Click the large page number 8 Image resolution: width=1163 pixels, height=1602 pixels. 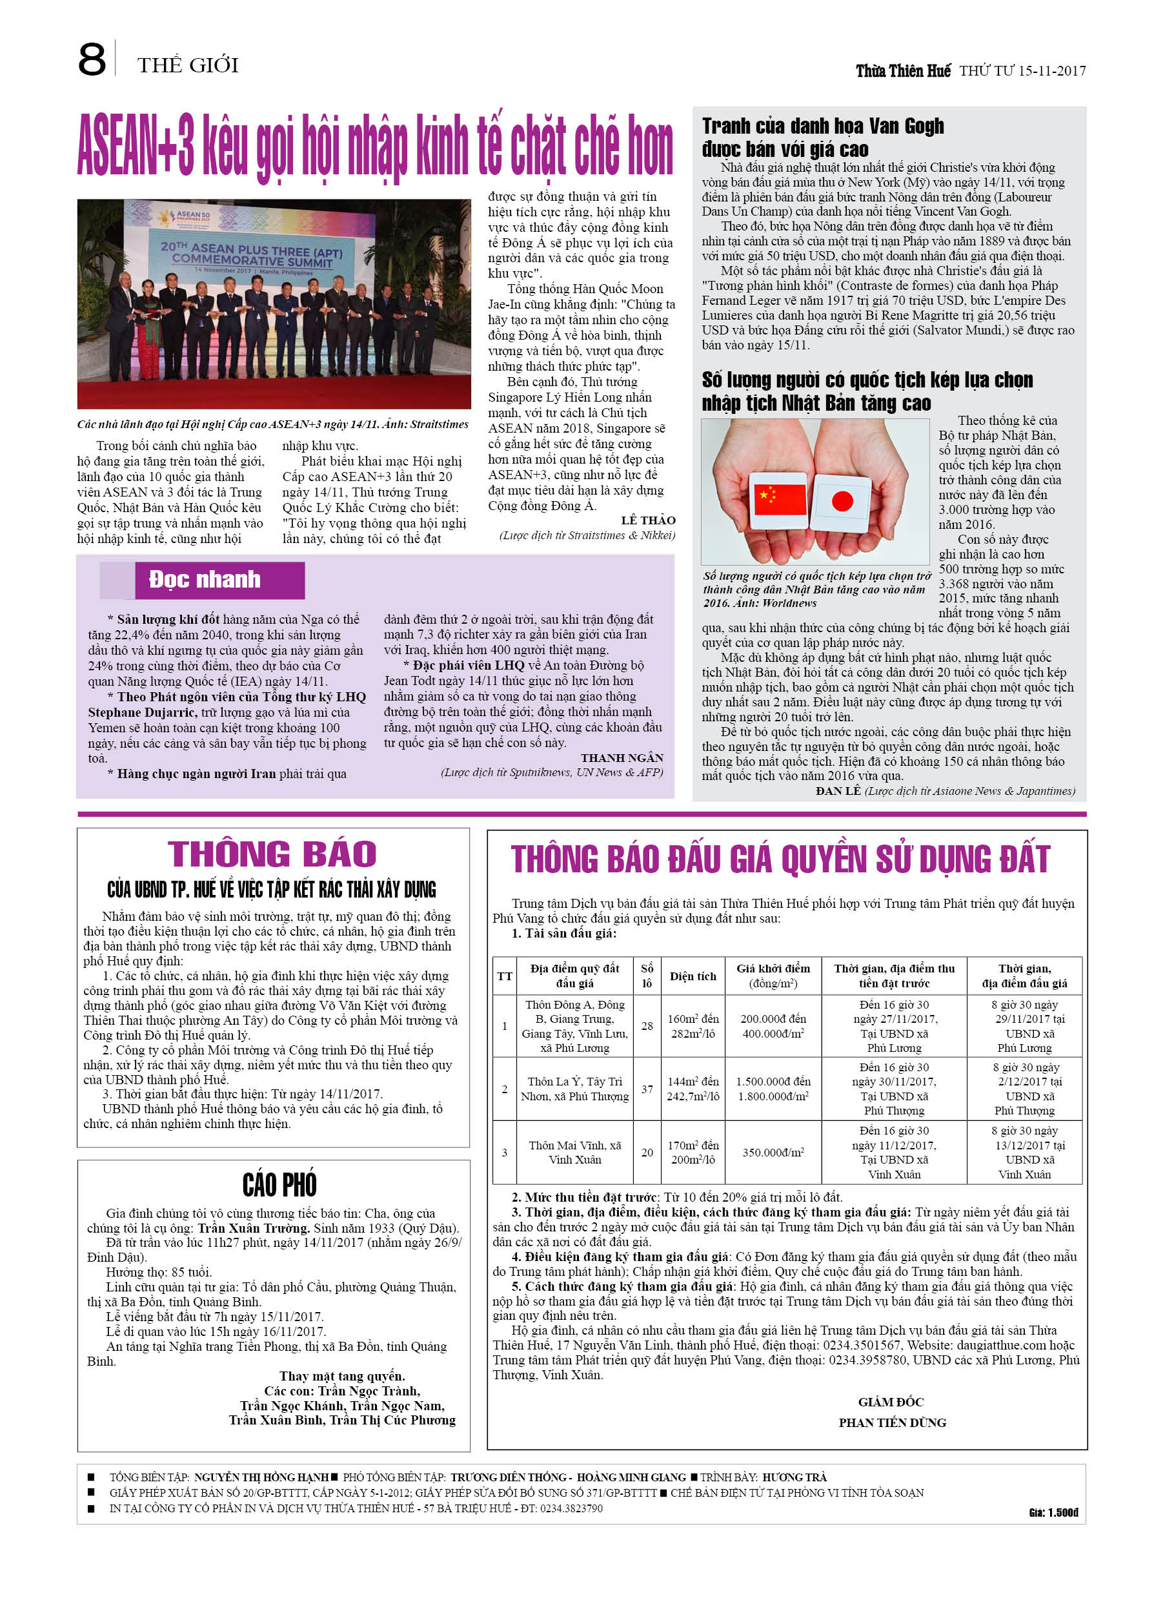[x=92, y=60]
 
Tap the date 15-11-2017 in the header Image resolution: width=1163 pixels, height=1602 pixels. [x=1051, y=70]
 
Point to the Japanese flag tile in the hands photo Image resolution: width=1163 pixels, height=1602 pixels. [x=842, y=502]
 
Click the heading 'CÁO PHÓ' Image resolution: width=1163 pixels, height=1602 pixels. [x=279, y=1184]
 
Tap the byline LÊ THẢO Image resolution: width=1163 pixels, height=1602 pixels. [x=647, y=520]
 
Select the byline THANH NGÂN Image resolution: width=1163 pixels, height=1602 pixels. [x=622, y=758]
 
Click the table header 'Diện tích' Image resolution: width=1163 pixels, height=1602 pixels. [x=692, y=976]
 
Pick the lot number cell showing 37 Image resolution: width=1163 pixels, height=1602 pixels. [x=647, y=1089]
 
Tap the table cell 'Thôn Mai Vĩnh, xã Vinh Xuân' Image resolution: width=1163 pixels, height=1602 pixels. [x=574, y=1152]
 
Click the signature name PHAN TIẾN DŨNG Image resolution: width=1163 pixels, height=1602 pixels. [x=892, y=1422]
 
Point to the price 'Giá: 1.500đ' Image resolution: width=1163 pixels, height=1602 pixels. [x=1053, y=1512]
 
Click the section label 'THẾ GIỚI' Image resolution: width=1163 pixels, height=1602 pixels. [x=188, y=66]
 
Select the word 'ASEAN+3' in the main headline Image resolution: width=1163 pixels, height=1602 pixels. [x=136, y=145]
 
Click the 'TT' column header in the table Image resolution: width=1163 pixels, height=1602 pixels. [x=504, y=976]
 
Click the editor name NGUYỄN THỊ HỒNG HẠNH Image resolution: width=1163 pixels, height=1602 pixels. [x=261, y=1477]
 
